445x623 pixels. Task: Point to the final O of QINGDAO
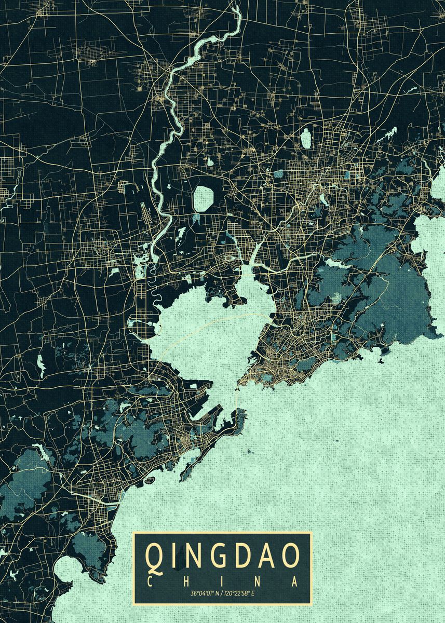[x=291, y=556]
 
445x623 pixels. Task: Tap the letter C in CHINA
[x=151, y=581]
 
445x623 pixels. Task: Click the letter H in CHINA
[x=187, y=581]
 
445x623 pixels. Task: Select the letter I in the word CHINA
[x=223, y=581]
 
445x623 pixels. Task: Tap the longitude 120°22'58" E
[x=241, y=593]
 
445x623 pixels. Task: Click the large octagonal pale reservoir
[x=204, y=198]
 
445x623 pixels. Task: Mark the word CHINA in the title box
[x=223, y=581]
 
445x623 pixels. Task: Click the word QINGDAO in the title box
[x=223, y=556]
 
